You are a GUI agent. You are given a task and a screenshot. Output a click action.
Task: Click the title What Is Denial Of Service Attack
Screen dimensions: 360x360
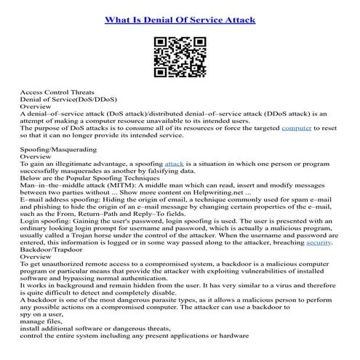coord(180,20)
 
